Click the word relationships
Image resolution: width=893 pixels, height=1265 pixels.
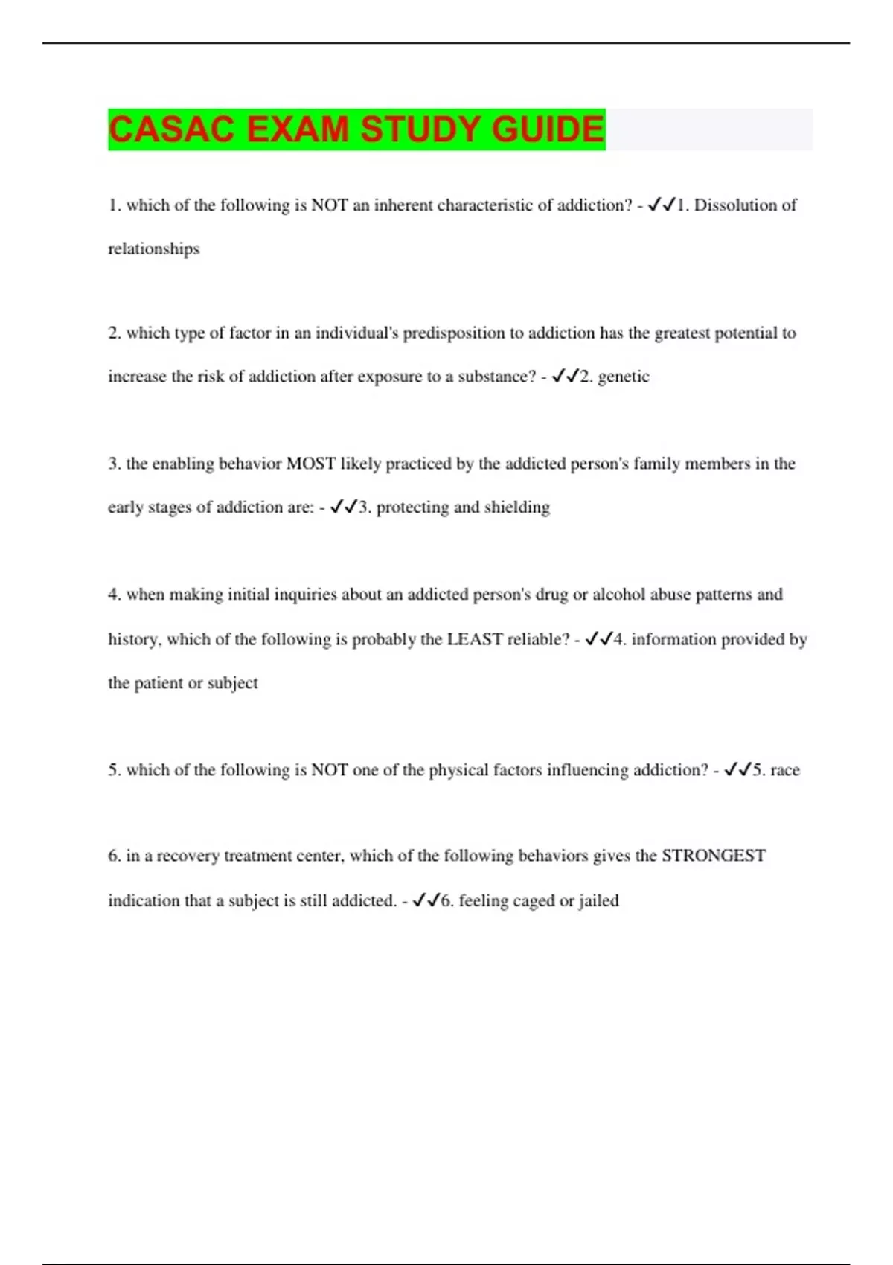[154, 249]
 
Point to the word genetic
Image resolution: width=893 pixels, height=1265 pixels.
[624, 377]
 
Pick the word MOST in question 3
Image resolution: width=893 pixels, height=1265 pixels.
[310, 464]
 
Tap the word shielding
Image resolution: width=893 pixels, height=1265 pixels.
[517, 507]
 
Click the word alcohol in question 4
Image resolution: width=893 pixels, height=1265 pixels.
[618, 595]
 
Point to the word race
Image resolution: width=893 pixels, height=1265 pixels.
[785, 770]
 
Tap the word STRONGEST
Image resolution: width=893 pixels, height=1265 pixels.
[714, 856]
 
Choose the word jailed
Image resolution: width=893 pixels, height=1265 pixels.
[599, 901]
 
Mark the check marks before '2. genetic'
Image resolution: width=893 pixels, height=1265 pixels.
[565, 377]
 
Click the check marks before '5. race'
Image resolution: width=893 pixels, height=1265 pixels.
[737, 769]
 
